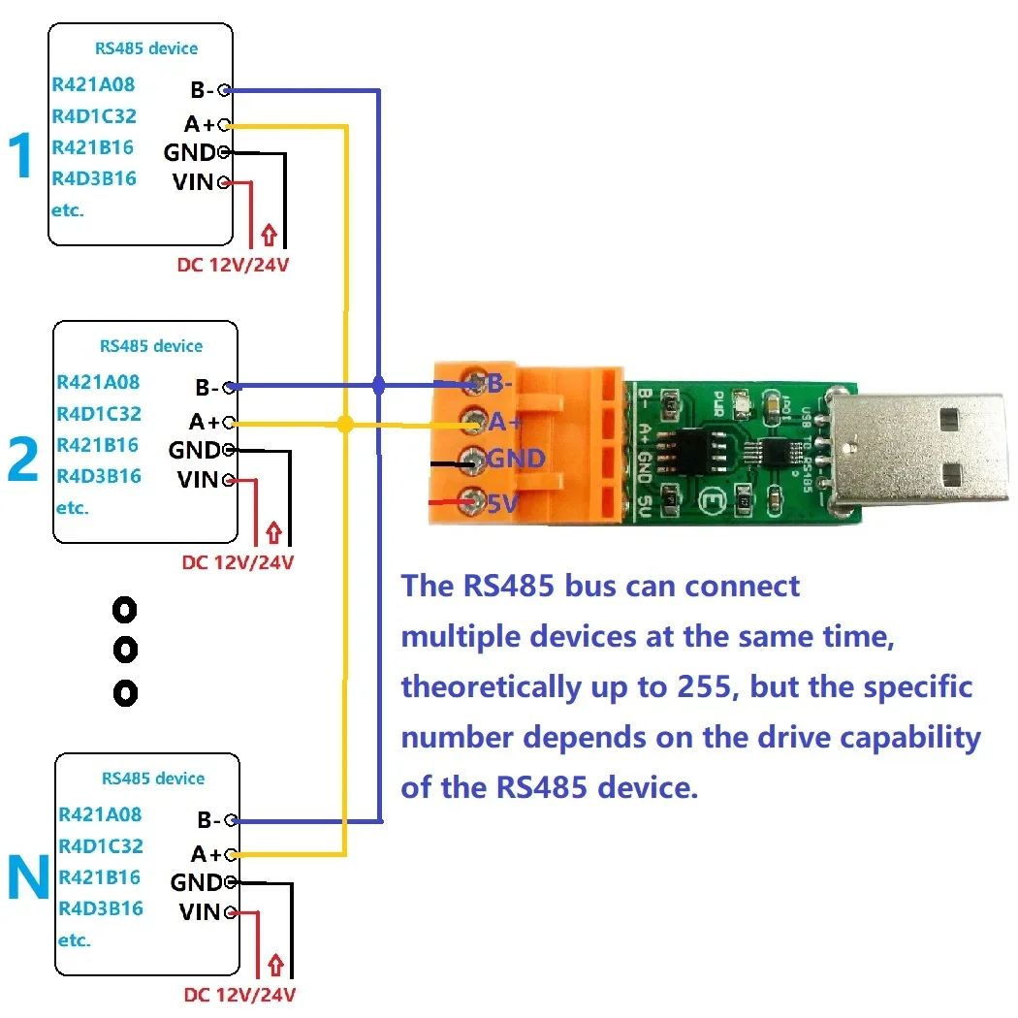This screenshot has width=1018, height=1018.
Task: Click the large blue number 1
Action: [21, 157]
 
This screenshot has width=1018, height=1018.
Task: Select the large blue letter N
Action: [28, 876]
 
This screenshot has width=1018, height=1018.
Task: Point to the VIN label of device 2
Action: [200, 479]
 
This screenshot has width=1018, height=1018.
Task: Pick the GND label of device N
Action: [197, 882]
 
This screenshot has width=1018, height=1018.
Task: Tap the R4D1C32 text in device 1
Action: [94, 116]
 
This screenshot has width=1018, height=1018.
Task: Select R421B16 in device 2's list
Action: [98, 445]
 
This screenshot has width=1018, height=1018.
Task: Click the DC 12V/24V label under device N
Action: [239, 995]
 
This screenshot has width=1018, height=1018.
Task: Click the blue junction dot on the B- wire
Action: [379, 386]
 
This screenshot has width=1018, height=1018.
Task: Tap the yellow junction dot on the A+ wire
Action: [344, 424]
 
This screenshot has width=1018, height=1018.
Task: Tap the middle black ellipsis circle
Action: [125, 649]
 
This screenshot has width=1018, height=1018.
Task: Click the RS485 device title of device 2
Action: [151, 346]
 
